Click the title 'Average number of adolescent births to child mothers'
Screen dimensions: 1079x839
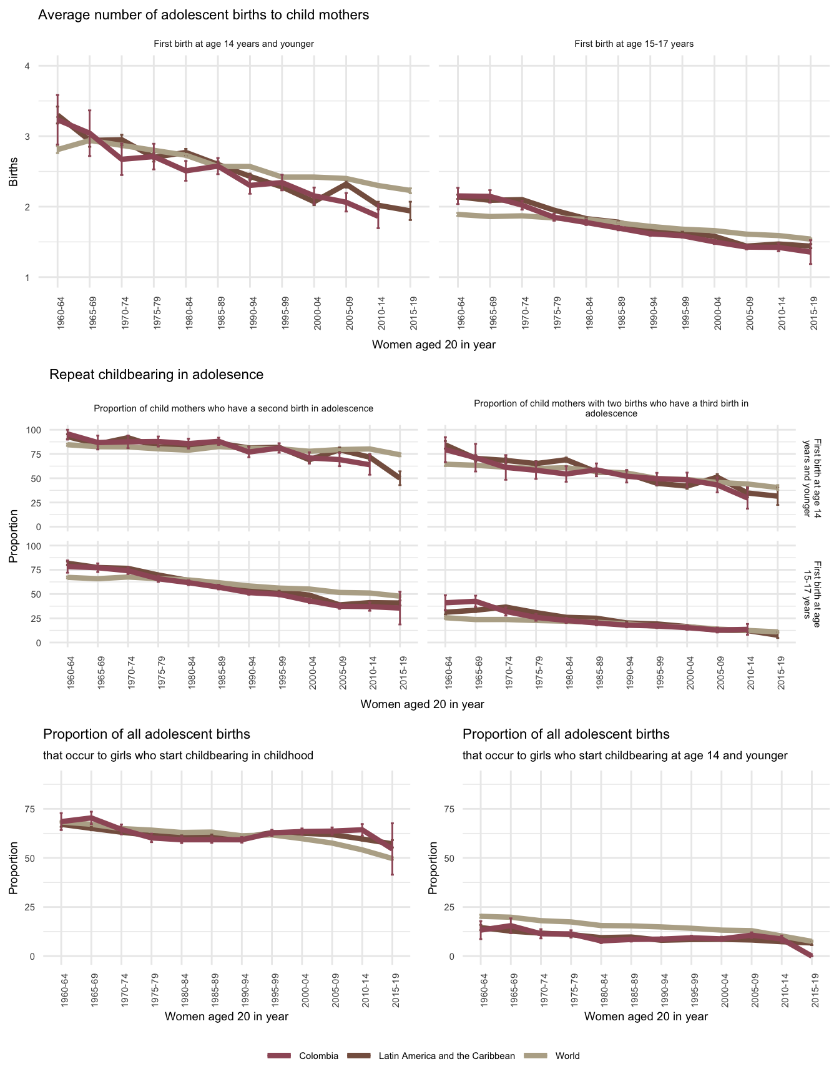[x=204, y=15]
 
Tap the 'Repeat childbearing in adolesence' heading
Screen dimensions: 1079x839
[x=156, y=375]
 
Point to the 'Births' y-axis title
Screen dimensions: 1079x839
[x=13, y=172]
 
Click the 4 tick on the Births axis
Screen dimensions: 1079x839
[x=27, y=66]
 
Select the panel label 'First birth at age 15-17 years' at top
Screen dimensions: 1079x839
[x=634, y=44]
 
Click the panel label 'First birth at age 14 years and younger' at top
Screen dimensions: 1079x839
[x=233, y=44]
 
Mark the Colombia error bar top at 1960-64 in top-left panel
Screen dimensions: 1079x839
[x=57, y=96]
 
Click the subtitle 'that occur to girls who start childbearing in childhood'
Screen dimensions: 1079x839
[x=178, y=756]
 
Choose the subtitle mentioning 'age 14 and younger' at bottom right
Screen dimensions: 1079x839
[x=625, y=756]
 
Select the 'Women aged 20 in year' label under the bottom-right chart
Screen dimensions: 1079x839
[x=646, y=1016]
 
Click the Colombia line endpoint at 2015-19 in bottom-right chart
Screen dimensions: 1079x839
[x=812, y=955]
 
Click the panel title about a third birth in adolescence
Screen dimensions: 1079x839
[x=611, y=408]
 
